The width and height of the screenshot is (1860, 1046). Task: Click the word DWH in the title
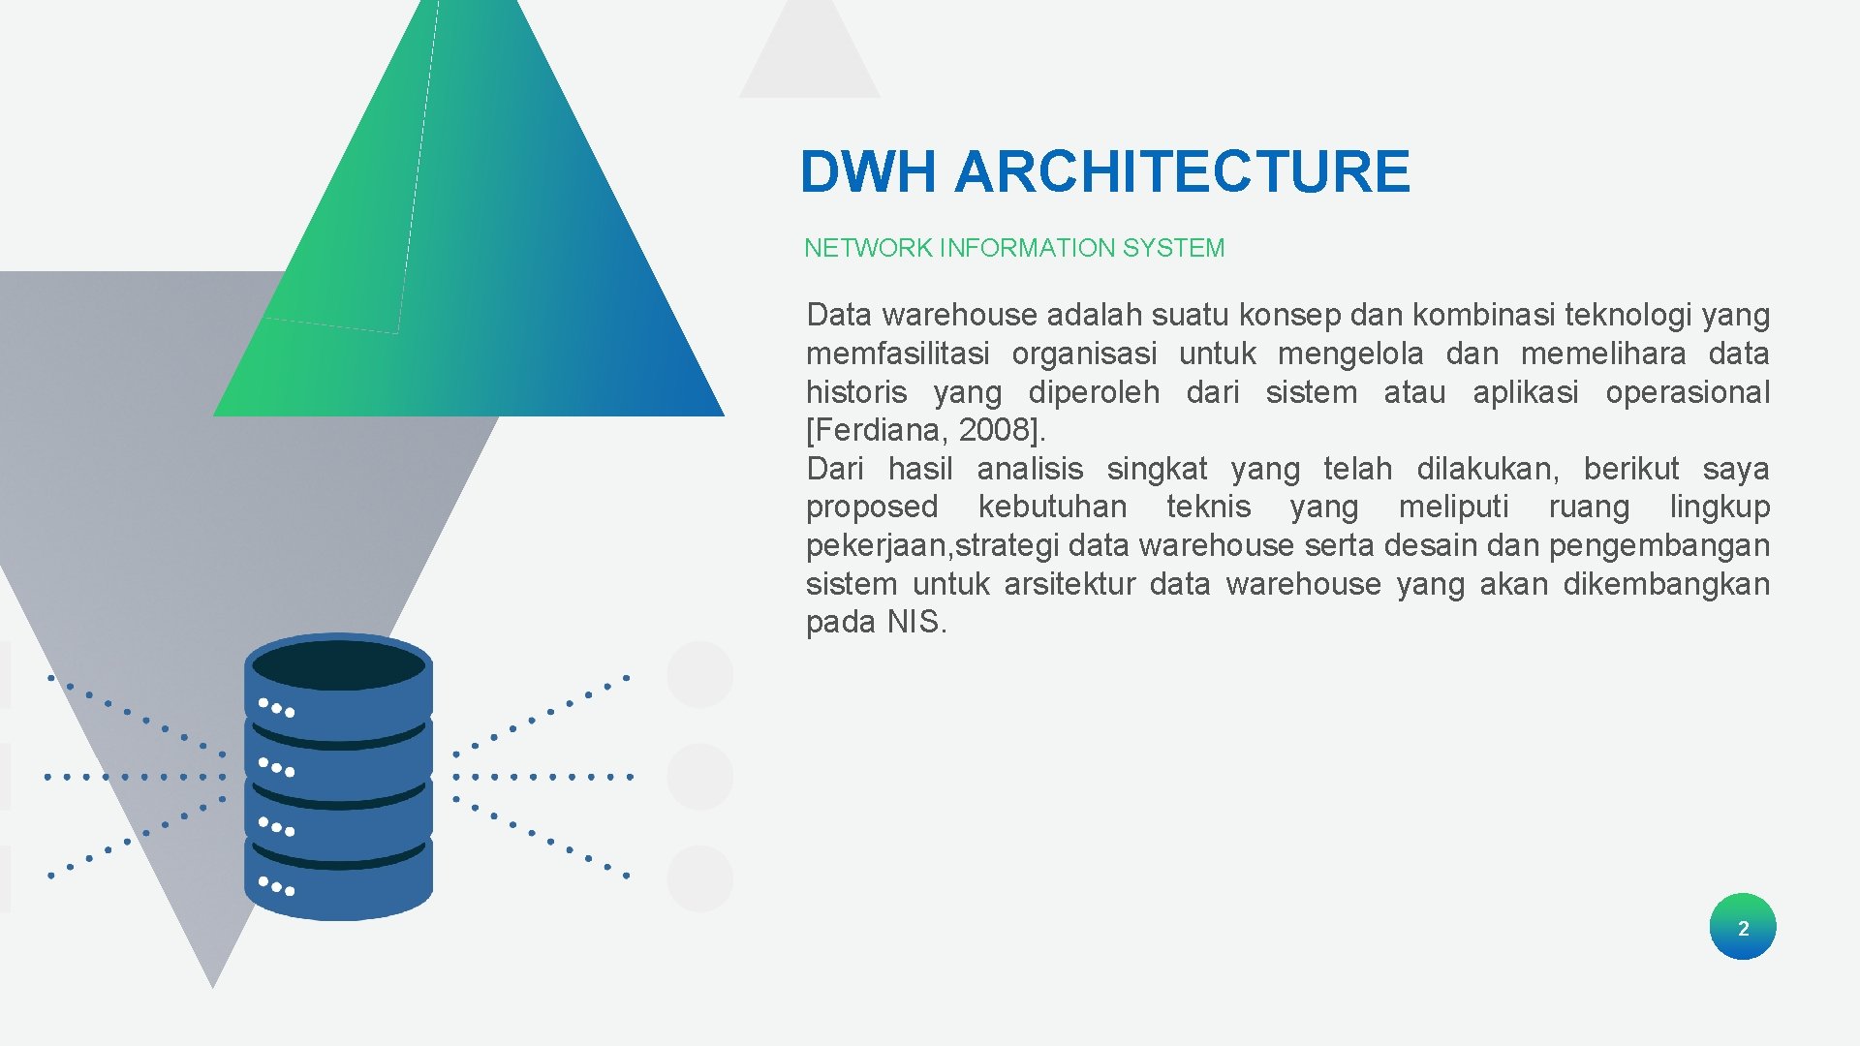(x=868, y=172)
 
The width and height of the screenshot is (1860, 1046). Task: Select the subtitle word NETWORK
(x=868, y=248)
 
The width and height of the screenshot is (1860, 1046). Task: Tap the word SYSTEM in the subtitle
(x=1173, y=248)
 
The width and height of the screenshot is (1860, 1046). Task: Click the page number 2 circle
(x=1742, y=927)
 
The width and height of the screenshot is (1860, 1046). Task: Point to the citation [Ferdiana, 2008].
(x=925, y=429)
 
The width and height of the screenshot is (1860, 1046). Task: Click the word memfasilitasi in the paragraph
(x=897, y=354)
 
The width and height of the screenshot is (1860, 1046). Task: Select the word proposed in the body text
(x=872, y=507)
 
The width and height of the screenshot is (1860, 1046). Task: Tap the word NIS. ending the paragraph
(x=916, y=622)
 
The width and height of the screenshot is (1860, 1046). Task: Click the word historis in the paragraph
(x=856, y=392)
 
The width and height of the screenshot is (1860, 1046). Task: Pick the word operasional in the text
(x=1687, y=392)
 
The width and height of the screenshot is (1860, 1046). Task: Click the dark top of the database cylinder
(x=338, y=665)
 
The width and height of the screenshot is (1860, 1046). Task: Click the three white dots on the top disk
(x=276, y=708)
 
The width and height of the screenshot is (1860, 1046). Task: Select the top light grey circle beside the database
(x=699, y=674)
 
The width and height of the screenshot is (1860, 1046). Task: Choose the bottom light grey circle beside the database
(x=699, y=878)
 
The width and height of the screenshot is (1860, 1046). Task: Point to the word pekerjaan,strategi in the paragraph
(x=932, y=545)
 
